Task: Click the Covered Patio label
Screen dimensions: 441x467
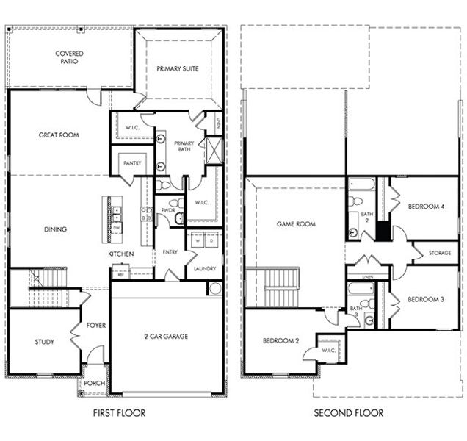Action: [x=69, y=57]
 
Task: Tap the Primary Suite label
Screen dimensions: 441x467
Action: [x=178, y=69]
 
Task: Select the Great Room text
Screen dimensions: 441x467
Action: [x=59, y=135]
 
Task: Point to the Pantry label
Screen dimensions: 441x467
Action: [x=132, y=163]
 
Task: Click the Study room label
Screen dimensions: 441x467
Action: [x=44, y=342]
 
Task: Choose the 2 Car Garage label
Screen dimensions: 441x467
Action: [x=166, y=337]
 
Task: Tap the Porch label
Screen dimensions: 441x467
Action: [x=95, y=384]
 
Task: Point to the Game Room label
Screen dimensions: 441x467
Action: [x=296, y=224]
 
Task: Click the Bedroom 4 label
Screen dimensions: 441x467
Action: [x=427, y=207]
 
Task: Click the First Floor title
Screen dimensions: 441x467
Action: [x=119, y=413]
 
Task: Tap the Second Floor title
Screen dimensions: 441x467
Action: [x=348, y=413]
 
